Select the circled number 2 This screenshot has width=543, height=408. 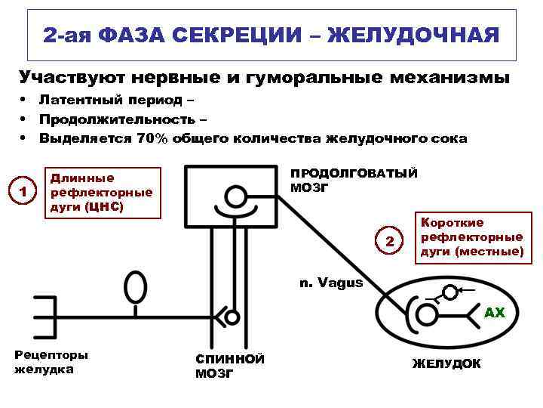click(390, 242)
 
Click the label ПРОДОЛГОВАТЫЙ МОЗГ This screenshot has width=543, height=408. click(353, 180)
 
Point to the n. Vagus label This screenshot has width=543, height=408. click(331, 283)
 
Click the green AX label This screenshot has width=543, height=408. click(494, 312)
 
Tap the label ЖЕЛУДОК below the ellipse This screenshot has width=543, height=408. click(446, 363)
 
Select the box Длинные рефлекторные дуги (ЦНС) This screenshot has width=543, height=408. click(104, 192)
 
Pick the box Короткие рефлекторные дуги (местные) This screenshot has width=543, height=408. click(471, 236)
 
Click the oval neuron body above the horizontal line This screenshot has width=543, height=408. click(135, 288)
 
